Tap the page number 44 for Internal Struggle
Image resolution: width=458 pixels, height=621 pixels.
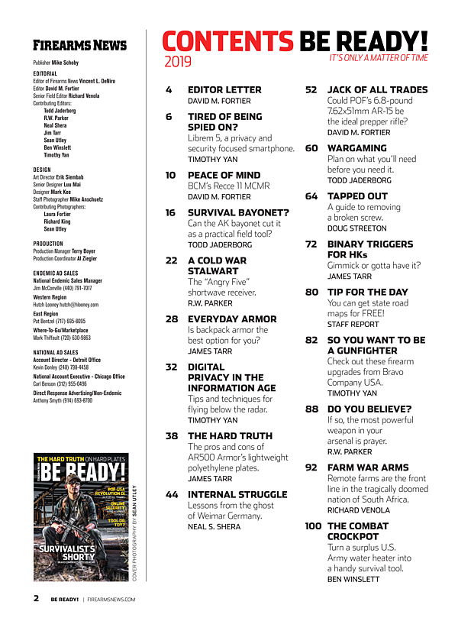[x=172, y=494]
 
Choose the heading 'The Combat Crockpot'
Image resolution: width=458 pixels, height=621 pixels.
[x=359, y=531]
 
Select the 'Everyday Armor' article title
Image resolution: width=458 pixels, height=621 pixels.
[x=232, y=319]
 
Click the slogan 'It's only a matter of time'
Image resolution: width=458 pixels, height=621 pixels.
[x=379, y=58]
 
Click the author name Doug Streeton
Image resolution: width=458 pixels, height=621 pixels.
[x=356, y=228]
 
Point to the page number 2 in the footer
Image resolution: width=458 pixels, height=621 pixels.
[x=36, y=599]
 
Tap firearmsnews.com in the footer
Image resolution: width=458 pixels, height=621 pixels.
[x=111, y=600]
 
